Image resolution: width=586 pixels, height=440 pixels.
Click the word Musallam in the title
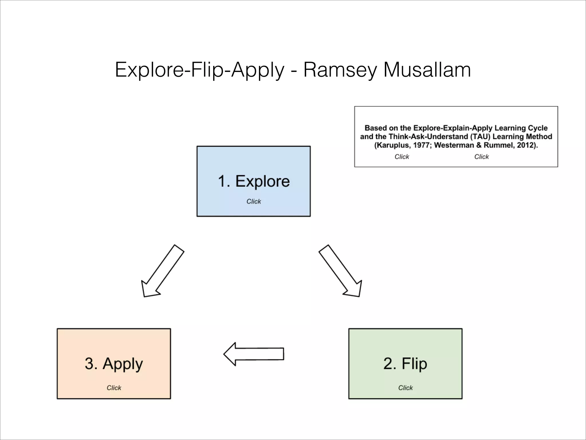click(427, 70)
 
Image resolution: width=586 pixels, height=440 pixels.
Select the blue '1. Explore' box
click(254, 181)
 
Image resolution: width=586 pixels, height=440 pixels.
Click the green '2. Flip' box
click(405, 363)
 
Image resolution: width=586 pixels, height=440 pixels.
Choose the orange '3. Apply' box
click(114, 363)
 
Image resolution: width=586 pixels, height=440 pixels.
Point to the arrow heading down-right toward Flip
click(340, 271)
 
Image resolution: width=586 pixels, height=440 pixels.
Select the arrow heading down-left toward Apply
click(163, 271)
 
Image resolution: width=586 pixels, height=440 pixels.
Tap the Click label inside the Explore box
click(254, 201)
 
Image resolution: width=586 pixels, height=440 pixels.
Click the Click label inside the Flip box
click(405, 388)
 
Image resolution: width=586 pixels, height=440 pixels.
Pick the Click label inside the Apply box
click(114, 388)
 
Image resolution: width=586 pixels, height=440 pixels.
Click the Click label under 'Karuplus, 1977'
click(402, 157)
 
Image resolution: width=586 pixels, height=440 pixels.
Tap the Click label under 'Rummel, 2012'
click(482, 157)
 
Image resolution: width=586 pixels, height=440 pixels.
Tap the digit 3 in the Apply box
click(89, 363)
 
